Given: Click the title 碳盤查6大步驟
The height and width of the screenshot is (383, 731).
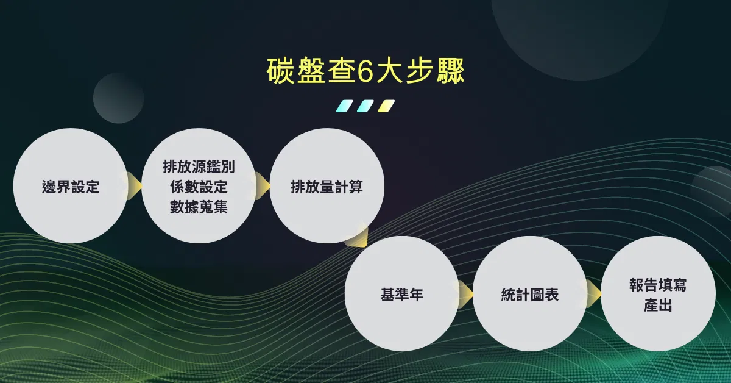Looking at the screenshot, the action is click(365, 71).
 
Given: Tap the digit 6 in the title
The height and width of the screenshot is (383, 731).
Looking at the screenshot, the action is click(365, 71).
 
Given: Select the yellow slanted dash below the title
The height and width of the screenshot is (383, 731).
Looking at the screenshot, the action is click(386, 106).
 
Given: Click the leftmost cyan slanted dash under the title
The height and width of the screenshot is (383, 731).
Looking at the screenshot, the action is click(345, 106).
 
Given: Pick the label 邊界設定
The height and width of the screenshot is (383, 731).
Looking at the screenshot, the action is click(71, 187).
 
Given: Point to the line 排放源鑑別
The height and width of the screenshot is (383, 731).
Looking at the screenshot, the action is click(199, 166).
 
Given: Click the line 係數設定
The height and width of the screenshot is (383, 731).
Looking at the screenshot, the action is click(199, 187).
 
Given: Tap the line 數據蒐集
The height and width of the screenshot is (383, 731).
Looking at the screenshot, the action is click(199, 207).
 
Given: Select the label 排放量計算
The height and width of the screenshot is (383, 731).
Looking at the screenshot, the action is click(327, 187).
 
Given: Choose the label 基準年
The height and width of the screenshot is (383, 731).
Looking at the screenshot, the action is click(401, 294).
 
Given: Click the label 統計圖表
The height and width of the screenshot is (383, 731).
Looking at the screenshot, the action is click(529, 294).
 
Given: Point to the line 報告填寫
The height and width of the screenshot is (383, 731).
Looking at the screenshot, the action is click(658, 285).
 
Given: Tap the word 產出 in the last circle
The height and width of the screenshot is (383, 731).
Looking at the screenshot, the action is click(658, 305).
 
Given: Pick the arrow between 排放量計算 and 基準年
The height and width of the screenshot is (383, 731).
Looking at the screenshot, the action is click(358, 237).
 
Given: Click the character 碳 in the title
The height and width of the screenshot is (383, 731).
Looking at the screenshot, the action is click(280, 71).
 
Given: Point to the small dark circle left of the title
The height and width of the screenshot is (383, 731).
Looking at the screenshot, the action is click(118, 98).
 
